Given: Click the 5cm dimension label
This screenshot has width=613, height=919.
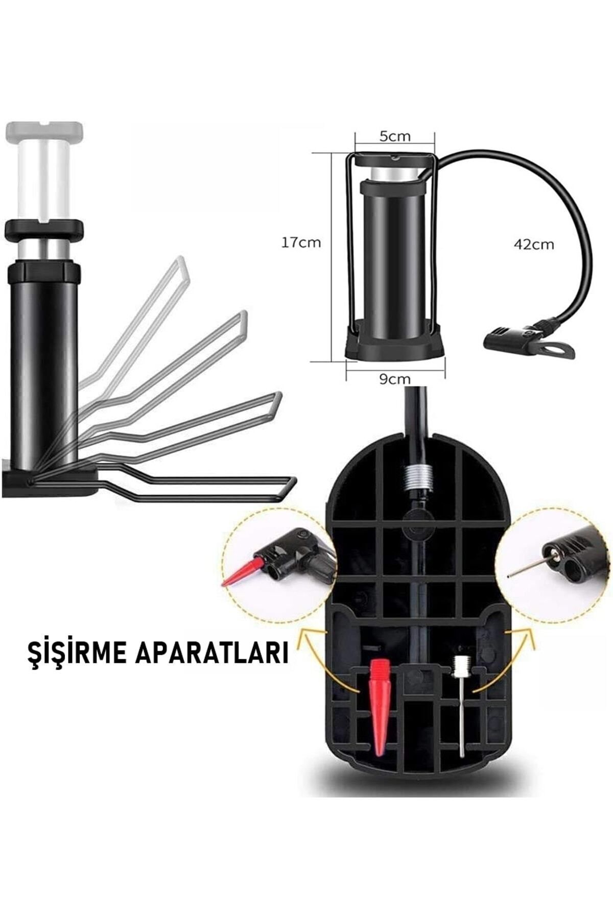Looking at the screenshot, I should pos(394,136).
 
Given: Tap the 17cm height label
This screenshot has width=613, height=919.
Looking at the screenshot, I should pos(301,243).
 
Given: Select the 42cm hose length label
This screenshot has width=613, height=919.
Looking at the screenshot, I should pos(533,244).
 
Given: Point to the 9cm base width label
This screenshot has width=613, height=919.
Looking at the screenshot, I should pos(394,379).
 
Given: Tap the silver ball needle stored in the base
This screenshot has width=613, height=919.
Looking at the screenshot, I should pos(461,705).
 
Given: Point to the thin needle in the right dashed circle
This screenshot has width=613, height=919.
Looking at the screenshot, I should pos(526,567).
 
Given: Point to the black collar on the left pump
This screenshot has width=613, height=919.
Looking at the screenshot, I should pos(43,229).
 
